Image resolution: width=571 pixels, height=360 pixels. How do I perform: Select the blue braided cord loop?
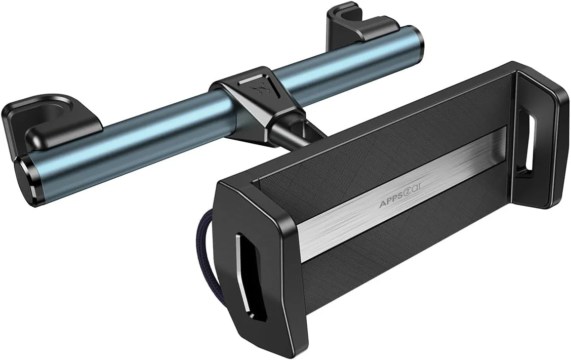pos(209,237)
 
